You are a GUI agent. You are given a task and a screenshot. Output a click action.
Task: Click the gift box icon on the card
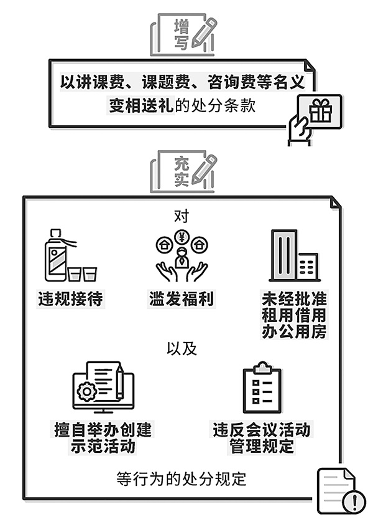(321, 110)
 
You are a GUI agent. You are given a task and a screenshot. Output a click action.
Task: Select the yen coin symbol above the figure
(182, 237)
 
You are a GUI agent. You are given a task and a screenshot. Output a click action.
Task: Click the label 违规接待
(71, 299)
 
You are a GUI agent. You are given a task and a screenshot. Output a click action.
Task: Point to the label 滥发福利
(182, 299)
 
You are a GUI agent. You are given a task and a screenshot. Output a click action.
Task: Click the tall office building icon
(284, 256)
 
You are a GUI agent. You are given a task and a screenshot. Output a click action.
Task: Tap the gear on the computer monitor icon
(87, 392)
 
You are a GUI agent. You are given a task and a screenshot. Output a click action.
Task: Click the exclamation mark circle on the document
(354, 500)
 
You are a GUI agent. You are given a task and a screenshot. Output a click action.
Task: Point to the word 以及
(182, 348)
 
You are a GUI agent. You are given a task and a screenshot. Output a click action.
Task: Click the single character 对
(182, 216)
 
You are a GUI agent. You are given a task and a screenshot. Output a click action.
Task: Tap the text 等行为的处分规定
(182, 478)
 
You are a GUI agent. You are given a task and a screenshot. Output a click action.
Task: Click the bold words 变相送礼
(141, 105)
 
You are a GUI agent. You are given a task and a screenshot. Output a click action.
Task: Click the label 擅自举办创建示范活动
(103, 438)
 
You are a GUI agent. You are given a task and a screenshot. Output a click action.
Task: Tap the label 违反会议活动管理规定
(262, 438)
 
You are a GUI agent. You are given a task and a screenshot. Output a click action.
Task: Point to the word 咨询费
(223, 82)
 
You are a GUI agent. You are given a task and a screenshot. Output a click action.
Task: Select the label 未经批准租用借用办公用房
(294, 315)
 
